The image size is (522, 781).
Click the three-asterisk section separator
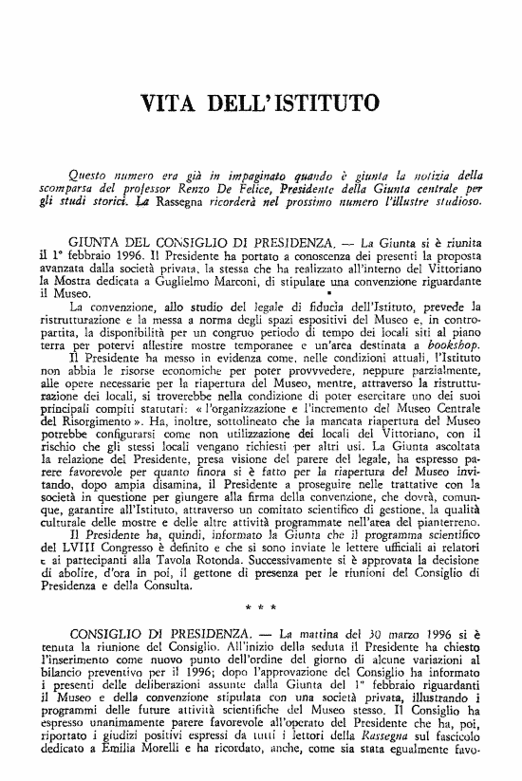click(x=260, y=603)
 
